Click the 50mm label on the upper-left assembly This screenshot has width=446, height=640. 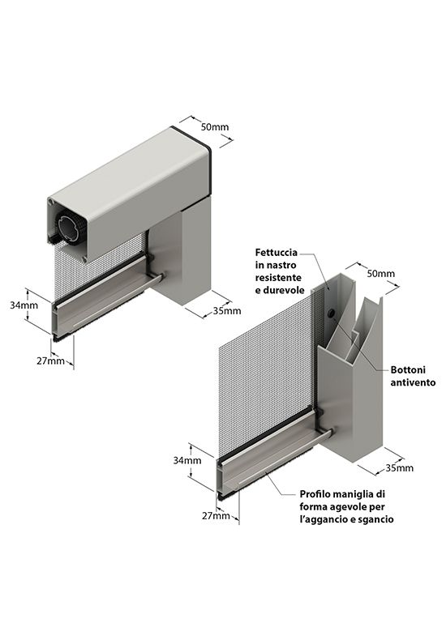point(214,126)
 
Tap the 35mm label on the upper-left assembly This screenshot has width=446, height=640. point(227,311)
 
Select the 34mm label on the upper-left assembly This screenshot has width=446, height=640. point(24,305)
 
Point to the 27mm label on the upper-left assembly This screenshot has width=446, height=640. point(50,361)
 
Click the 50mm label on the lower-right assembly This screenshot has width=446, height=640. point(380,274)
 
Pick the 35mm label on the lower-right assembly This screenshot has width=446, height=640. point(400,467)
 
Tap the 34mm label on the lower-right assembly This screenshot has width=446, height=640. point(187,460)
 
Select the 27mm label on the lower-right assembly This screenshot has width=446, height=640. point(216,515)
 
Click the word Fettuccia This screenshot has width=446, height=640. point(277,252)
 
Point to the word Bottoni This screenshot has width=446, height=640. point(408,369)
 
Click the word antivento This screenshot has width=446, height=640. point(413,382)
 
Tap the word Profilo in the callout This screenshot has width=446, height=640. point(315,494)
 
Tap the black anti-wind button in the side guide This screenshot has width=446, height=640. point(331,314)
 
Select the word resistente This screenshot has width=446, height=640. point(278,278)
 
